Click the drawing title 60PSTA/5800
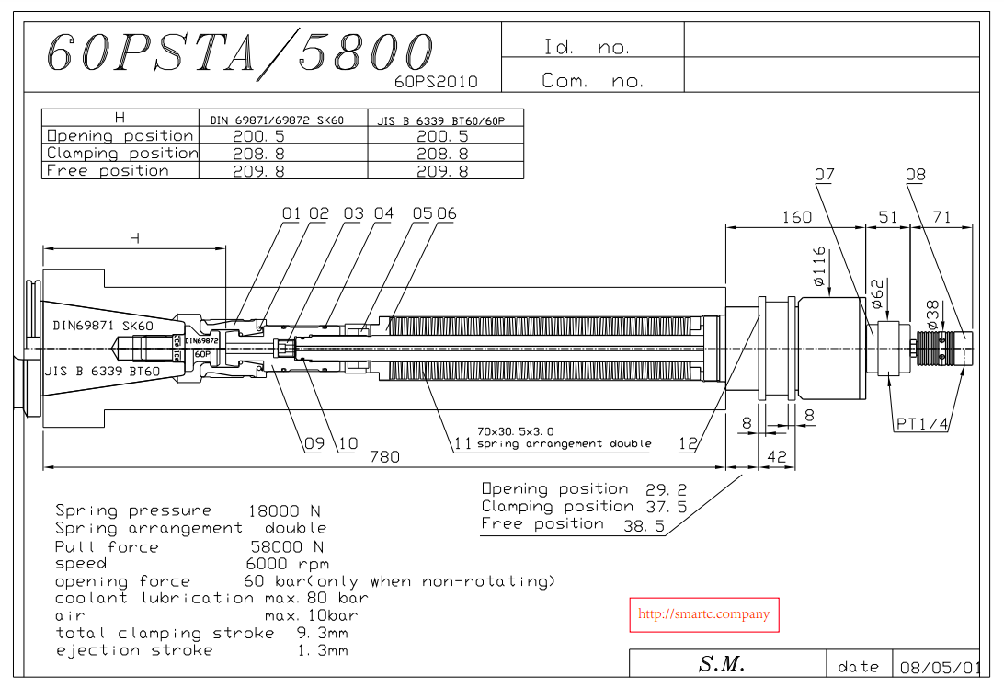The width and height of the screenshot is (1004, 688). point(240,53)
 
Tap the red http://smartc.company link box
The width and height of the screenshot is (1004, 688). point(703,615)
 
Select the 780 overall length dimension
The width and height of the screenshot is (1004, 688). point(384,457)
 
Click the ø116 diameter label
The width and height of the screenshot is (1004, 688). point(819,267)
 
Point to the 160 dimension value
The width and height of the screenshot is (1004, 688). point(796,217)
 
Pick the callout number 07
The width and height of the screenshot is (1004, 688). point(824,174)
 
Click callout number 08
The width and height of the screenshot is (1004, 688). point(915,174)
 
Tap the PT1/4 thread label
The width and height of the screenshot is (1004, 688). point(921,423)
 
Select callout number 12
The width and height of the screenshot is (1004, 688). point(688,443)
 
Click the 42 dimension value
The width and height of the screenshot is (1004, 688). point(776,456)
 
